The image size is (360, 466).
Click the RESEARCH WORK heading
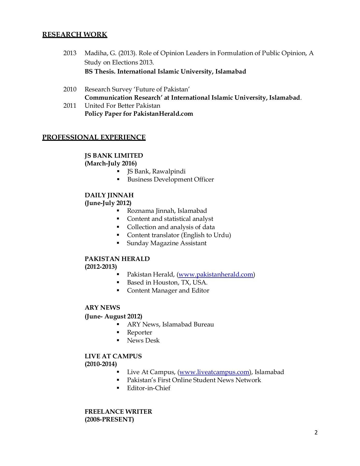pos(75,34)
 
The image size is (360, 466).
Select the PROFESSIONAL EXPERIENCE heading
pos(94,137)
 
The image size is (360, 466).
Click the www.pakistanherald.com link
pos(216,274)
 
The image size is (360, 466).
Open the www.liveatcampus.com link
pos(214,372)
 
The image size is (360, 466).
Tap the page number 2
pos(316,432)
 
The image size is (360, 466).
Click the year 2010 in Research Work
pos(70,89)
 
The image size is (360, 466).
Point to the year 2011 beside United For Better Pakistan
pos(70,106)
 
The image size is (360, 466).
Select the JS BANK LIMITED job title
pos(114,155)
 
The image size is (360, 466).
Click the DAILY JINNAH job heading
pos(109,195)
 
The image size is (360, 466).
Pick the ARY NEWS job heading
pos(102,308)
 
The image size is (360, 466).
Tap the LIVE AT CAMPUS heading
pos(113,356)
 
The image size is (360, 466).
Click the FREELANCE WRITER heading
pos(118,412)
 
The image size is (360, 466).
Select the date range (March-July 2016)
pos(111,163)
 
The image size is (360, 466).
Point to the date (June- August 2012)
pos(113,316)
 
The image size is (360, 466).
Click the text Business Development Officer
pos(170,179)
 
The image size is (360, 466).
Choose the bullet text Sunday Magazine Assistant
pos(166,243)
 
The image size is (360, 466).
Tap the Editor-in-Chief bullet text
pos(149,388)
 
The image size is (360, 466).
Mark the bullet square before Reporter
pos(118,332)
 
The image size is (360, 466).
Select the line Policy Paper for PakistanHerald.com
pos(139,114)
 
